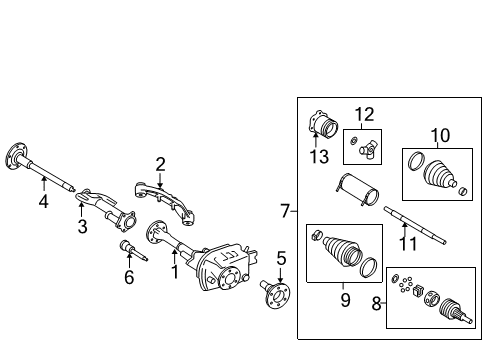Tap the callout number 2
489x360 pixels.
[160, 163]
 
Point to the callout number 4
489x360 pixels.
[43, 202]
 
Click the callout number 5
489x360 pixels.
[281, 258]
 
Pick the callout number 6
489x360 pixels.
[128, 277]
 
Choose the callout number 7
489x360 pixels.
[284, 211]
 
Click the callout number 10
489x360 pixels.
[440, 134]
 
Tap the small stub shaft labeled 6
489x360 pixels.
[129, 250]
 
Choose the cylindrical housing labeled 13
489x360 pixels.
[322, 129]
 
